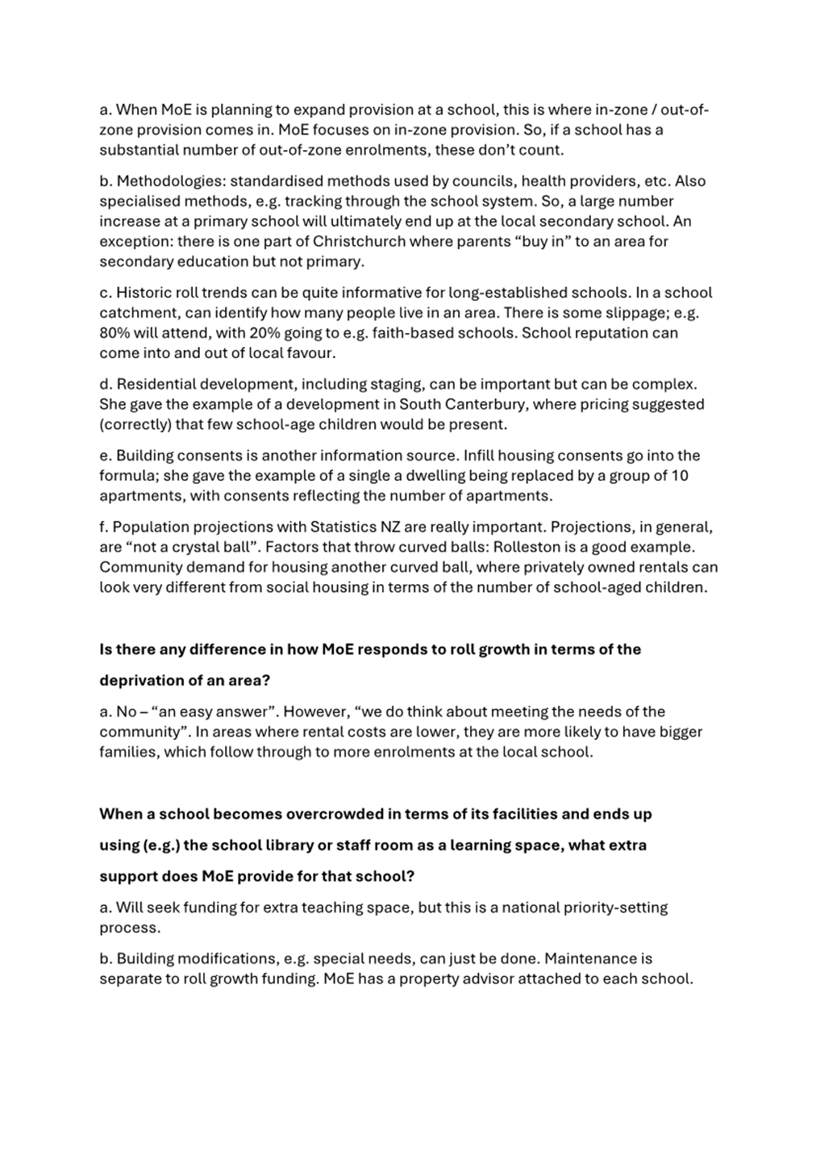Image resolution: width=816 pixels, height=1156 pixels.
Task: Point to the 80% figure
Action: (115, 333)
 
